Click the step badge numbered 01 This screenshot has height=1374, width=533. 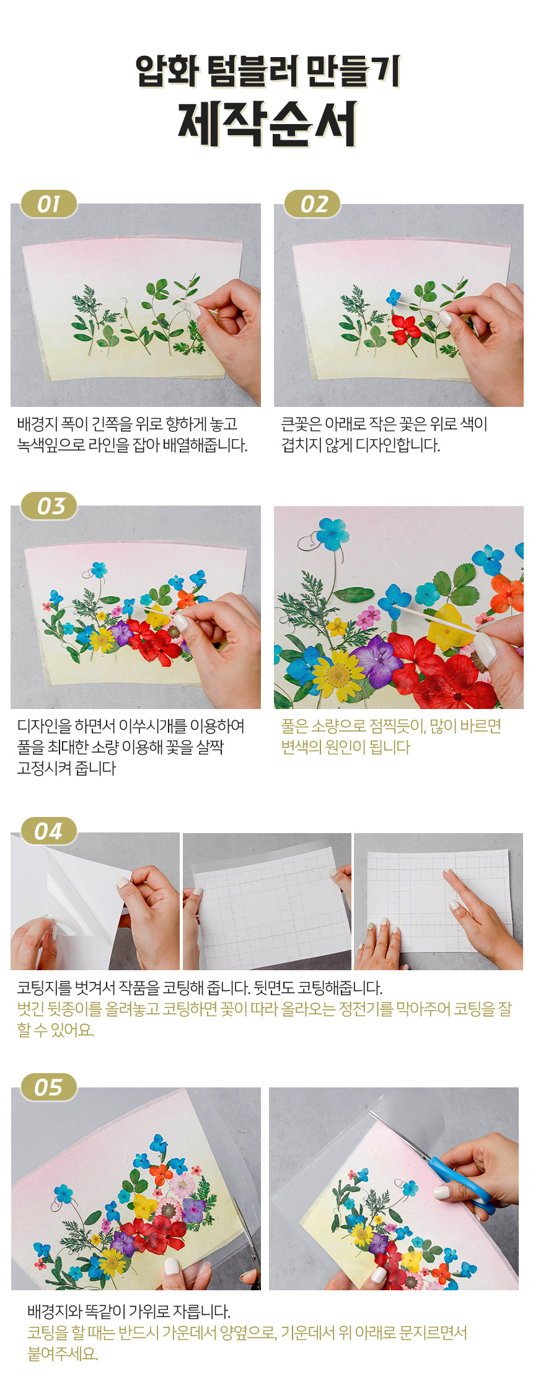(49, 203)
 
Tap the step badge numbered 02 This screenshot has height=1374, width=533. (312, 203)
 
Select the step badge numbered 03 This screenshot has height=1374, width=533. (49, 506)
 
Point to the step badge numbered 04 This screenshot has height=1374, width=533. (49, 831)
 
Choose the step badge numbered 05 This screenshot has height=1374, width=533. (49, 1087)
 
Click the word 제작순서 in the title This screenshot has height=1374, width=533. (267, 123)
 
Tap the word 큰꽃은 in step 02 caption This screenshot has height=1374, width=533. (301, 424)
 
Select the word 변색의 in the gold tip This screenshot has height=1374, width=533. (301, 747)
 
